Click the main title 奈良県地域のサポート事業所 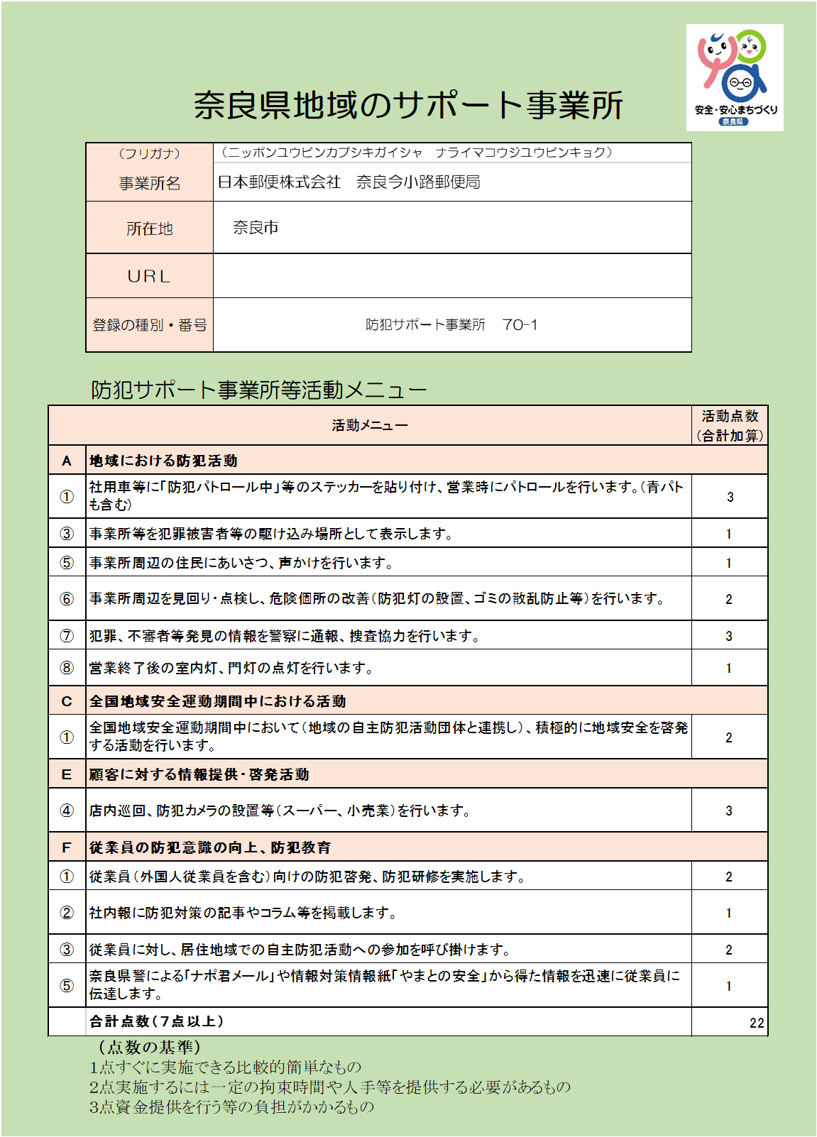[x=408, y=105]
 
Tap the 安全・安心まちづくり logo [x=735, y=77]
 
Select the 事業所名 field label [x=150, y=184]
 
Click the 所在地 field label [x=150, y=229]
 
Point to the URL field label [x=150, y=276]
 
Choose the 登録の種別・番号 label [x=150, y=325]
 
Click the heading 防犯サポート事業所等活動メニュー [x=259, y=390]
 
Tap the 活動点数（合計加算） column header [x=730, y=426]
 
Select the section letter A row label [x=67, y=461]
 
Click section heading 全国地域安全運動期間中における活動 [x=217, y=701]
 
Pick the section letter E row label [x=67, y=774]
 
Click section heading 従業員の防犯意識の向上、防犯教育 [x=210, y=847]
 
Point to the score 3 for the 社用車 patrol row [x=730, y=497]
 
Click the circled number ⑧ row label [x=67, y=668]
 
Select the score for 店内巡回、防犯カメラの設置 [x=729, y=811]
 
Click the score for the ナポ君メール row [x=729, y=986]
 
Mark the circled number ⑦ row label [x=67, y=636]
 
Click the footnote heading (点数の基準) [x=150, y=1047]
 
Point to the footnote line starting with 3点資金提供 [x=231, y=1106]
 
